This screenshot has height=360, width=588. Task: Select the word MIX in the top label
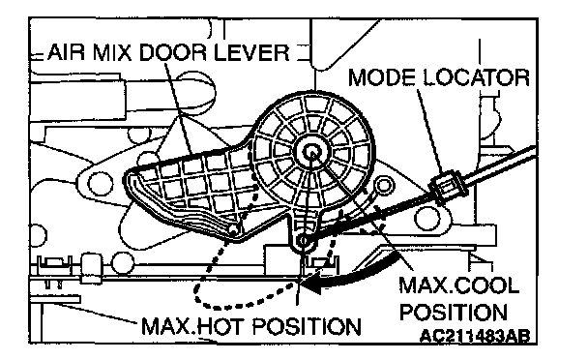tap(112, 52)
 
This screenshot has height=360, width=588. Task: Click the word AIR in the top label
tap(66, 52)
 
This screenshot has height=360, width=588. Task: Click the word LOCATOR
tap(476, 77)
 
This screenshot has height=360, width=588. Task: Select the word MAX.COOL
tap(459, 285)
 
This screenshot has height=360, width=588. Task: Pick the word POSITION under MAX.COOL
tap(453, 312)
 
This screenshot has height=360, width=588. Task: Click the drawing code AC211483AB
tap(475, 335)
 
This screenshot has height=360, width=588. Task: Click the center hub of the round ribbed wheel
tap(311, 151)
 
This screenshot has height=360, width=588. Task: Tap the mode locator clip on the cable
tap(448, 185)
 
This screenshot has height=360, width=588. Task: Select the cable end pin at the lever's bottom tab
tap(304, 240)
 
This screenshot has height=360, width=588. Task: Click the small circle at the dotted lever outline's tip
tap(233, 228)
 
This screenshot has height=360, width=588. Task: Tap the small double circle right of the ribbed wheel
tap(383, 186)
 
